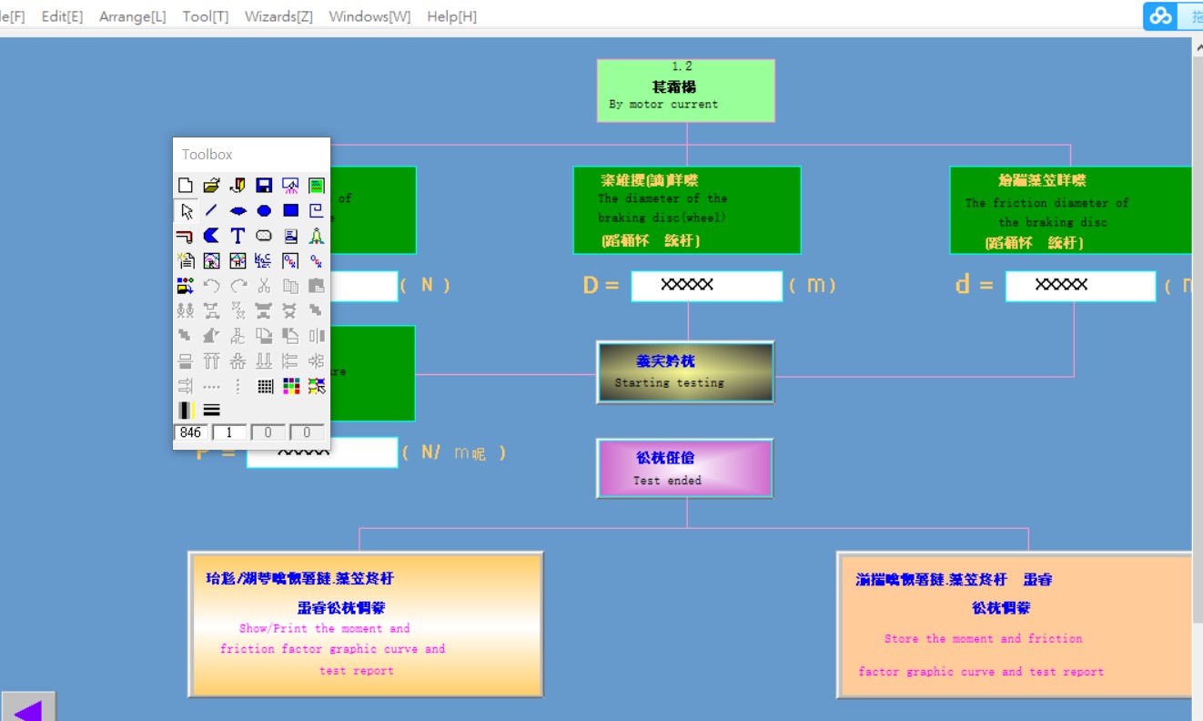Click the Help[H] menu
pos(451,16)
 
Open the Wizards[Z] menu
pos(278,16)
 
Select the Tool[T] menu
pos(205,16)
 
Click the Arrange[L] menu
pos(132,16)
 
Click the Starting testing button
pos(685,372)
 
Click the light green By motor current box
pos(685,90)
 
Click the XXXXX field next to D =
pos(706,286)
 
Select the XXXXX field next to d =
pos(1079,286)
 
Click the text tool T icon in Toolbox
pos(238,236)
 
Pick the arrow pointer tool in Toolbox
pos(186,211)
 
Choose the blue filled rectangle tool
pos(290,210)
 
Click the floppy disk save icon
pos(264,186)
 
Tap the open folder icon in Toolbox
pos(211,186)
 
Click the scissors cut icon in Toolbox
pos(264,286)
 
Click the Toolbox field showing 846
pos(191,432)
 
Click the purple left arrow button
pos(28,707)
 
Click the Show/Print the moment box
pos(365,625)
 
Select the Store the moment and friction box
pos(1014,625)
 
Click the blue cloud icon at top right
pos(1160,15)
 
